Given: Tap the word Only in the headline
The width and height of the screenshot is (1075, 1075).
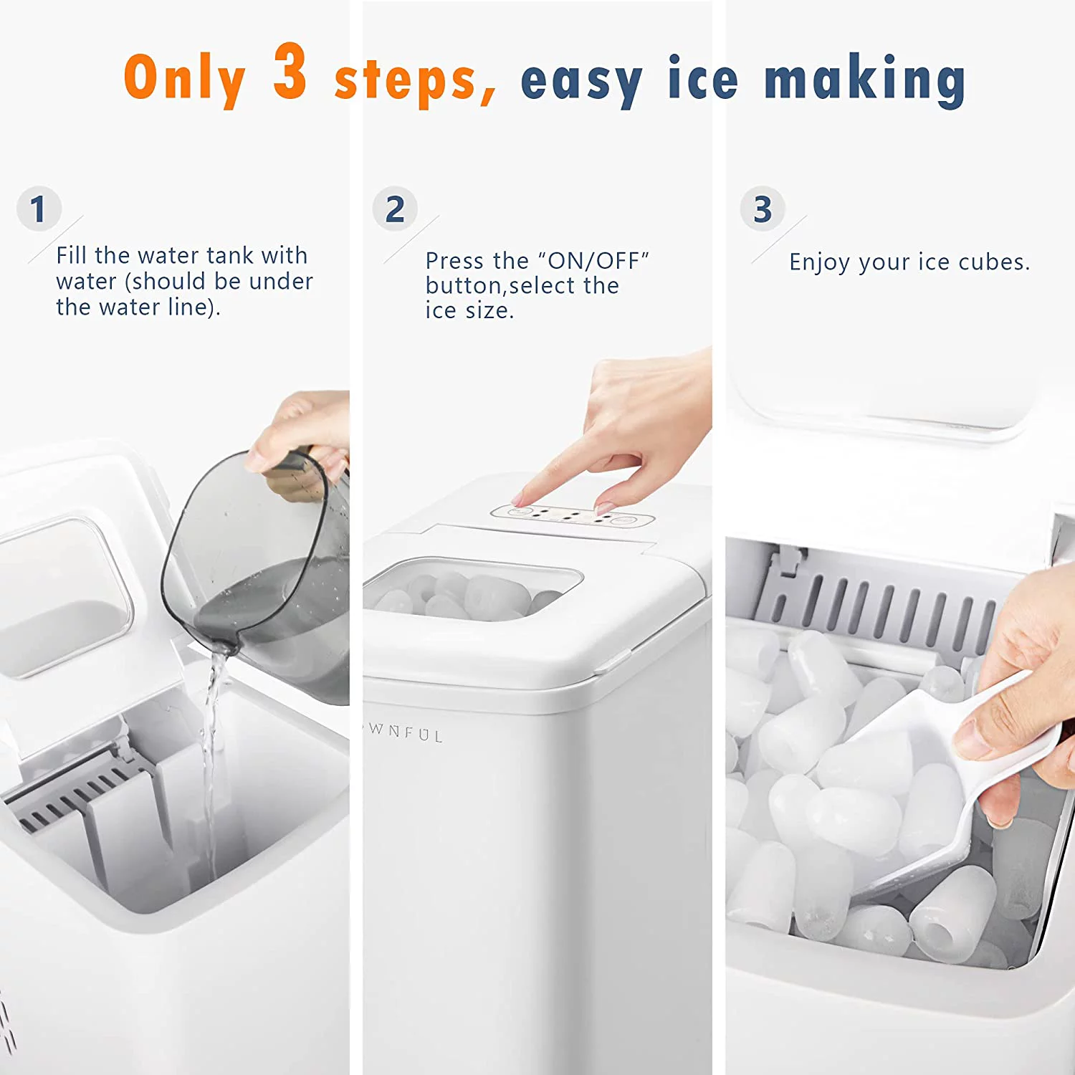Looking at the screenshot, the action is pyautogui.click(x=185, y=79).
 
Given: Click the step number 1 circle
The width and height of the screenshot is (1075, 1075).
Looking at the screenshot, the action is pyautogui.click(x=39, y=209).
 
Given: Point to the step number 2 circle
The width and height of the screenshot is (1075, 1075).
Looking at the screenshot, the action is pyautogui.click(x=395, y=209).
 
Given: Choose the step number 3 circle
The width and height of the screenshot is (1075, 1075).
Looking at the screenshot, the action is pyautogui.click(x=763, y=209).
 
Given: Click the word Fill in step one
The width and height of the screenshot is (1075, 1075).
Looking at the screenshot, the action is pyautogui.click(x=72, y=255).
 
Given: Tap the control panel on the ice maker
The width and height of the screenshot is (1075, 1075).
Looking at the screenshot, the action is pyautogui.click(x=572, y=515).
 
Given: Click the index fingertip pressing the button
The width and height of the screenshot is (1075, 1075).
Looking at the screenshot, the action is pyautogui.click(x=521, y=499).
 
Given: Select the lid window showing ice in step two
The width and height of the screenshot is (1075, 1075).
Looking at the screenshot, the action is pyautogui.click(x=473, y=589).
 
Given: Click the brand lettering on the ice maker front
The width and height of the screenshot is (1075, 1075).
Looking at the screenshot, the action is pyautogui.click(x=406, y=732).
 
